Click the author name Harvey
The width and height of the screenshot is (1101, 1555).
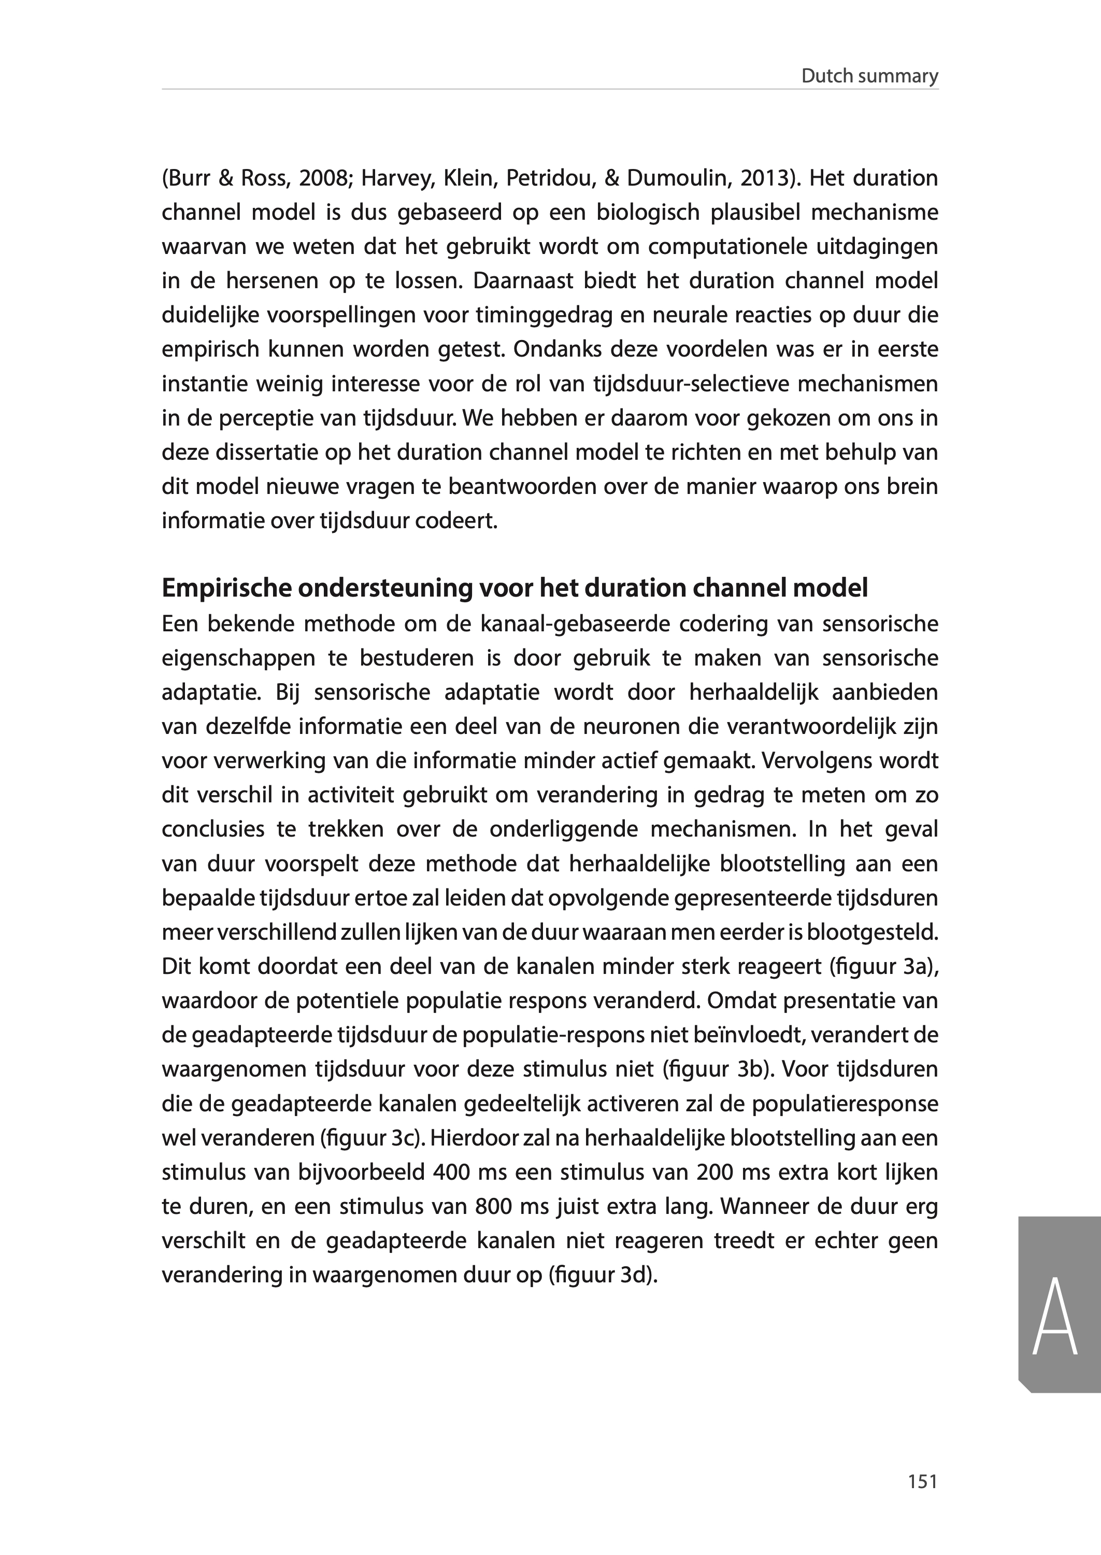click(397, 179)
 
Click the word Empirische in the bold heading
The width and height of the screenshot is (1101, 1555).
click(226, 588)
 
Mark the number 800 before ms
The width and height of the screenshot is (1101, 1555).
click(494, 1207)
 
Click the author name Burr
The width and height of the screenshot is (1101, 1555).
click(193, 179)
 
